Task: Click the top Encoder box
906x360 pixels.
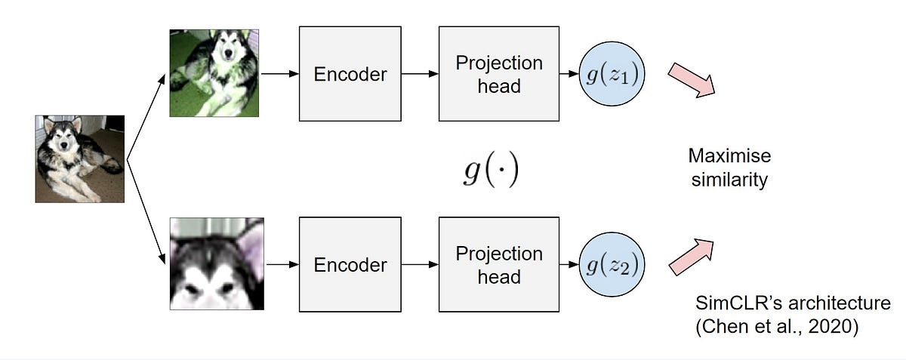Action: [x=350, y=74]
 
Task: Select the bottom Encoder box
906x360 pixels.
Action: [x=350, y=264]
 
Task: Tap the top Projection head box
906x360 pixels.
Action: [x=498, y=74]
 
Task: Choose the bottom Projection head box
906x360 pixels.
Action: [x=498, y=264]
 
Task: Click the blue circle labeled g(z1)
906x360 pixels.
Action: [x=612, y=74]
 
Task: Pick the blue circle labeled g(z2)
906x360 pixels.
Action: [x=612, y=264]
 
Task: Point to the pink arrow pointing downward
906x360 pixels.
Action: [x=692, y=80]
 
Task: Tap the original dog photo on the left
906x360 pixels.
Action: [x=79, y=158]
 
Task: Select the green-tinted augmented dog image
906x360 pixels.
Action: [x=214, y=72]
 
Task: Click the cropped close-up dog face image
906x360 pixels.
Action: [x=217, y=263]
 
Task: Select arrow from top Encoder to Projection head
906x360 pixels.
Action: [x=420, y=74]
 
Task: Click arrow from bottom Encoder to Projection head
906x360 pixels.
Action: [x=420, y=264]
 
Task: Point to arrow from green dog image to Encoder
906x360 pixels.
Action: [x=279, y=74]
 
